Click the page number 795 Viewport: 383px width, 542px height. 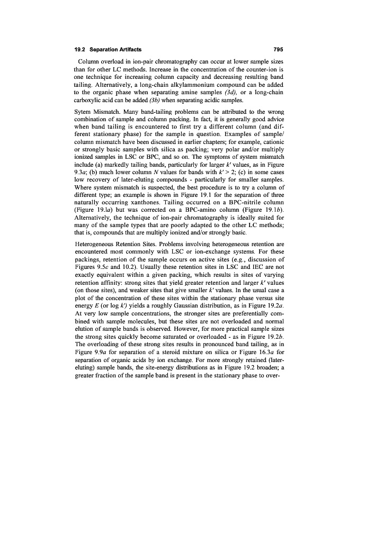pyautogui.click(x=279, y=49)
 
